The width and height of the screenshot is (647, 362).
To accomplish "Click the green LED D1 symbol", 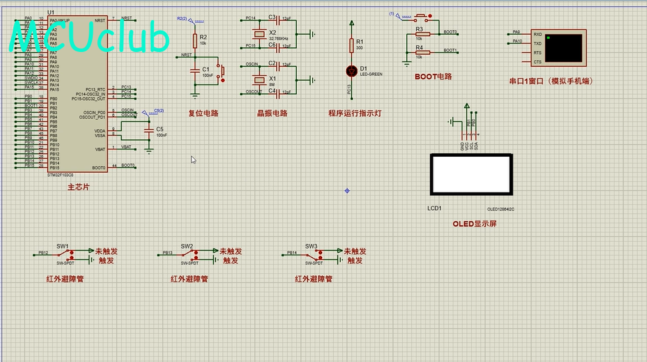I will pyautogui.click(x=352, y=70).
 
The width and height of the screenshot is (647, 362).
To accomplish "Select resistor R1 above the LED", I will pyautogui.click(x=352, y=45).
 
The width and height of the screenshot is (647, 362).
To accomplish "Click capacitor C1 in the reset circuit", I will pyautogui.click(x=195, y=69).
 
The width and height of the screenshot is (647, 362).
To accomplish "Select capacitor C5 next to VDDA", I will pyautogui.click(x=148, y=129).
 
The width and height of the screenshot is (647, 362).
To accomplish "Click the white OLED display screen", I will pyautogui.click(x=472, y=175).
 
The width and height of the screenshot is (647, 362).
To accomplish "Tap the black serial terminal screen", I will pyautogui.click(x=564, y=47).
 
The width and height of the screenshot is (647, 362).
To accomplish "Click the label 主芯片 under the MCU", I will pyautogui.click(x=77, y=187).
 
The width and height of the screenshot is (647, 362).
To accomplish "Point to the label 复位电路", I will pyautogui.click(x=203, y=113).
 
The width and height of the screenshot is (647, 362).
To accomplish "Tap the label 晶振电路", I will pyautogui.click(x=272, y=113).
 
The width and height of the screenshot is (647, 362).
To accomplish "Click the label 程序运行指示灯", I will pyautogui.click(x=354, y=113).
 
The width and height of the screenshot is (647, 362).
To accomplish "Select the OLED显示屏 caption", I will pyautogui.click(x=474, y=224).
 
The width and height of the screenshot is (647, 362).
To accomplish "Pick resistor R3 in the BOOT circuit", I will pyautogui.click(x=422, y=34).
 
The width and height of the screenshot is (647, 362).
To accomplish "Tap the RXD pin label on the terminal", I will pyautogui.click(x=537, y=34).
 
